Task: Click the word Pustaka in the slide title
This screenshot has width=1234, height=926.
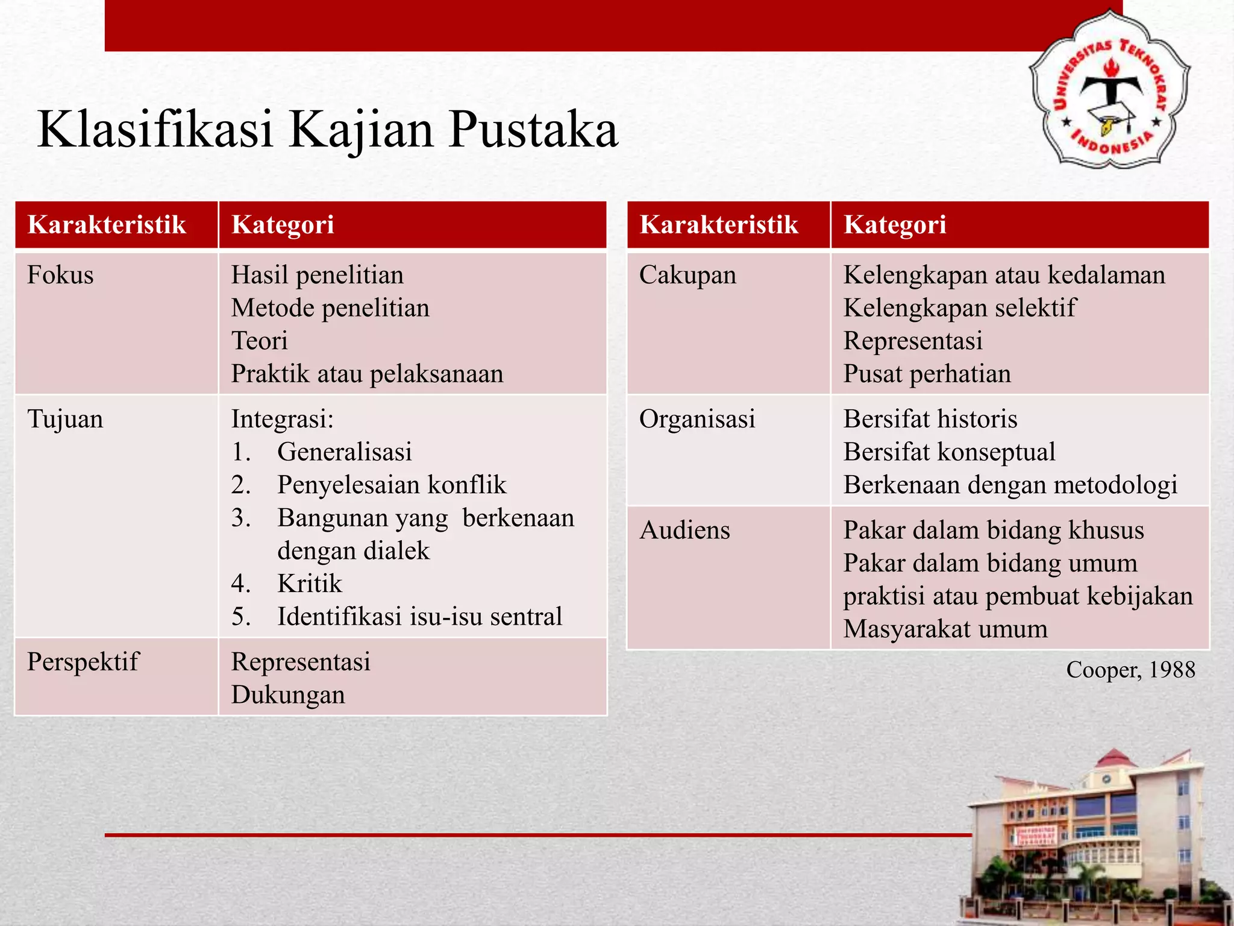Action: pyautogui.click(x=533, y=130)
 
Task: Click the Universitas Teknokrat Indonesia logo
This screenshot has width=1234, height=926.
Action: pyautogui.click(x=1110, y=89)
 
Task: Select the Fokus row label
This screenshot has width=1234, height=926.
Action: pyautogui.click(x=60, y=276)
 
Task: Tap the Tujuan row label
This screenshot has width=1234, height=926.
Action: pyautogui.click(x=65, y=419)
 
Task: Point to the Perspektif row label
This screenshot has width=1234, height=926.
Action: pyautogui.click(x=83, y=662)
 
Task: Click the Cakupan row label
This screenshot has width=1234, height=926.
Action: pyautogui.click(x=687, y=276)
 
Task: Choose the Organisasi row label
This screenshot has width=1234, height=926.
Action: pyautogui.click(x=697, y=419)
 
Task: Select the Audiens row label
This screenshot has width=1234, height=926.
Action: pyautogui.click(x=684, y=531)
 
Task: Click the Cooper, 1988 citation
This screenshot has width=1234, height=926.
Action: pyautogui.click(x=1130, y=670)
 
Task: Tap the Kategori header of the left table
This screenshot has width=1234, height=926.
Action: pyautogui.click(x=283, y=225)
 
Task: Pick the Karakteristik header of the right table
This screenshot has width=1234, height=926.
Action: pyautogui.click(x=719, y=225)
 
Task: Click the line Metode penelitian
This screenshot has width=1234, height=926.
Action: pyautogui.click(x=330, y=308)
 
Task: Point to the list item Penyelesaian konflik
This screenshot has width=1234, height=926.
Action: pyautogui.click(x=392, y=485)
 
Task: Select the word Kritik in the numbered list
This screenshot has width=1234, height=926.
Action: pyautogui.click(x=309, y=584)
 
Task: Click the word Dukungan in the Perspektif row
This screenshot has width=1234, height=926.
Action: pyautogui.click(x=288, y=695)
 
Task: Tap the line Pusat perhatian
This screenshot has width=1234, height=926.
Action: pyautogui.click(x=927, y=374)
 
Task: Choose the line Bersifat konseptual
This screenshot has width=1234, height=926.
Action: pyautogui.click(x=949, y=452)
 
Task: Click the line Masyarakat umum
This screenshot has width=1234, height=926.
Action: pyautogui.click(x=945, y=629)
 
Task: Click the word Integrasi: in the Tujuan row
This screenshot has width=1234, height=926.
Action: pyautogui.click(x=282, y=419)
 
